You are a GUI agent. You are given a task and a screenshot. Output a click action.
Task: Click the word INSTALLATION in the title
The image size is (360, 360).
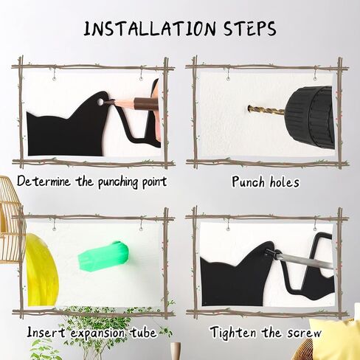pyautogui.click(x=150, y=29)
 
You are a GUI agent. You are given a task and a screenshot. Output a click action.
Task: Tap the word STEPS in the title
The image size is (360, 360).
pyautogui.click(x=250, y=29)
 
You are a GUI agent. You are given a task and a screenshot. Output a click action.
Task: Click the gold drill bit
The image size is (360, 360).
pyautogui.click(x=266, y=111)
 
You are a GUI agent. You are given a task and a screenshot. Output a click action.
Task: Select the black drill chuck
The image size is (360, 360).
pyautogui.click(x=311, y=117)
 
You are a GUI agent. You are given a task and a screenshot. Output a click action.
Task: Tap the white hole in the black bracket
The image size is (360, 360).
pyautogui.click(x=100, y=102)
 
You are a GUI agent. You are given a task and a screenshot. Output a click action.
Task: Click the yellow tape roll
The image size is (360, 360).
pyautogui.click(x=42, y=271)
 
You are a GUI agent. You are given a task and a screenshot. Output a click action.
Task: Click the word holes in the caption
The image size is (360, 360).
pyautogui.click(x=285, y=182)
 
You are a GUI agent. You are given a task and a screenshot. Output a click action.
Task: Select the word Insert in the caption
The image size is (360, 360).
pyautogui.click(x=46, y=332)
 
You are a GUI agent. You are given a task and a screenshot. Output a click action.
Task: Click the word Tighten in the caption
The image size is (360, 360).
pyautogui.click(x=233, y=333)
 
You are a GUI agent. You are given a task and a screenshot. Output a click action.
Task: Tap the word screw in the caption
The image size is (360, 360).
pyautogui.click(x=304, y=333)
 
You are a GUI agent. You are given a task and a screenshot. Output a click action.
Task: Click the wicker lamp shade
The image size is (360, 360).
pyautogui.click(x=11, y=221)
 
